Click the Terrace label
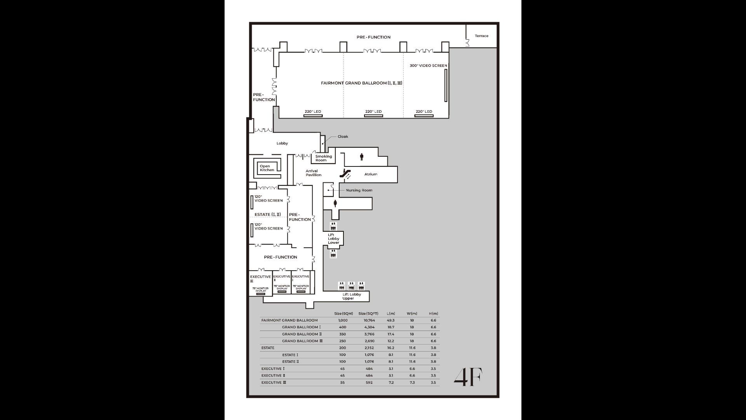point(481,36)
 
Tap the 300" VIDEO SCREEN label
point(428,66)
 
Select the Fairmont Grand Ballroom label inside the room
point(361,83)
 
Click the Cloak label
point(343,136)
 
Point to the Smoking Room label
point(323,158)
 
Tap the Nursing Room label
point(359,190)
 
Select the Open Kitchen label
point(267,168)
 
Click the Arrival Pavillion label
point(313,173)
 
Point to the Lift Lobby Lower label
point(333,239)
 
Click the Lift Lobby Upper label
point(351,296)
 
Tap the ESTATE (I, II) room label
point(267,215)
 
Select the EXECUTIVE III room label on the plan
point(260,278)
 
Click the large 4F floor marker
point(468,377)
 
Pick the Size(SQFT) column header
point(368,313)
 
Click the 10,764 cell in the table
point(369,320)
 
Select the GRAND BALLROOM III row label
point(302,341)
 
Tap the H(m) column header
point(433,313)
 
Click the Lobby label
point(282,143)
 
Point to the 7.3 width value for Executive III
point(412,383)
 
